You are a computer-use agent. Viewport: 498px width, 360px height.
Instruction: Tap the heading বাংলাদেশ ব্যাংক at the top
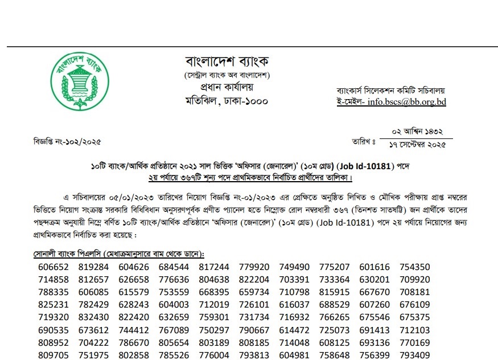coord(227,60)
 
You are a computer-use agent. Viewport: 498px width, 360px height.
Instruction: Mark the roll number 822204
coord(254,280)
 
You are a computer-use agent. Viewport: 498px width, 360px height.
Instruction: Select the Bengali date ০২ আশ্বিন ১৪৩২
coord(421,132)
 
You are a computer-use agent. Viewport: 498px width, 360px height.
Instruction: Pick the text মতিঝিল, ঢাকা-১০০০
coord(227,101)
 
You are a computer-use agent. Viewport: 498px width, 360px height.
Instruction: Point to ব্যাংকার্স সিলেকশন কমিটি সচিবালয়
coord(390,90)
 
